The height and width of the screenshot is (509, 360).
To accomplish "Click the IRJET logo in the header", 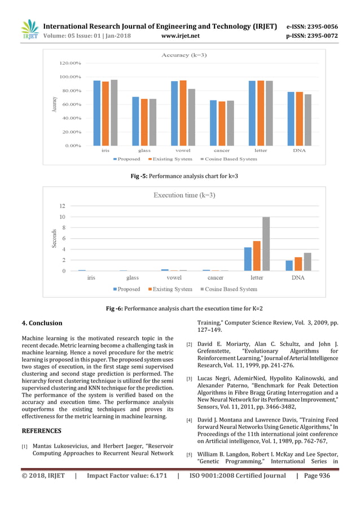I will coord(29,29).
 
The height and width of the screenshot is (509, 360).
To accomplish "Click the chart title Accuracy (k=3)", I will coord(183,55).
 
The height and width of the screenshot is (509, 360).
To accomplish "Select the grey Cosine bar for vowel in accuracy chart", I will coord(192,117).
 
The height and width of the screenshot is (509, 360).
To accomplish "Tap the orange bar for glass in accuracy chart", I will coord(144,122).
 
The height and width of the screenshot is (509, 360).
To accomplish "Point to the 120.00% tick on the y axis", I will coord(70,63).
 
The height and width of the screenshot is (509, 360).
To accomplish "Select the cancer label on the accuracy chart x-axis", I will coord(222,151).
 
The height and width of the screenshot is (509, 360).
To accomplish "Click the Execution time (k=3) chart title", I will coord(184,195).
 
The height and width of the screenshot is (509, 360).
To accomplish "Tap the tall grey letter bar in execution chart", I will coord(266,244).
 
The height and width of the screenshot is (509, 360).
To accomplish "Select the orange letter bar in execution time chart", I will coord(257,256).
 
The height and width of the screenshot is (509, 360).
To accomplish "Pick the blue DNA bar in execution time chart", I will coord(289,265).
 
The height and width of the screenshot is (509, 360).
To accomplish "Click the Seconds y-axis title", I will coord(54,238).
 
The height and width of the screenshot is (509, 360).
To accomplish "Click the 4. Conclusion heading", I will coord(42,323).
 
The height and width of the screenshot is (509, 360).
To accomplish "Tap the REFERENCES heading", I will coord(41,431).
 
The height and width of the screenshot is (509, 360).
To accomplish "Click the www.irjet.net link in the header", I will coord(180,36).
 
